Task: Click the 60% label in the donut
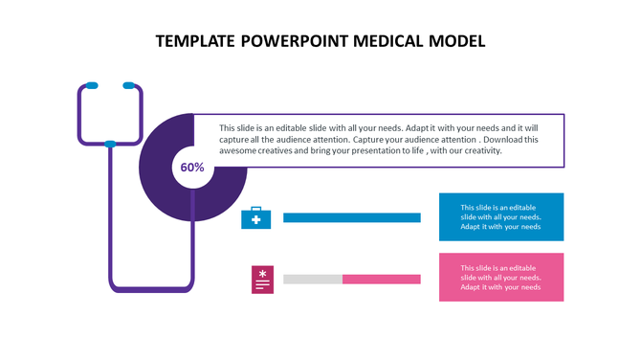(x=192, y=168)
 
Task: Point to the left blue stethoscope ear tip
(x=92, y=86)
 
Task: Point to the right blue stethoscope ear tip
(x=129, y=86)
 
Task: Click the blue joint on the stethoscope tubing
(x=110, y=145)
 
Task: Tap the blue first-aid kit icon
(x=255, y=219)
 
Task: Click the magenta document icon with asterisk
(x=262, y=279)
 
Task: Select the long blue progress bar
(x=351, y=218)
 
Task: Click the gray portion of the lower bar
(x=312, y=280)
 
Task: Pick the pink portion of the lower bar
(x=381, y=280)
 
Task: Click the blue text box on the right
(x=500, y=217)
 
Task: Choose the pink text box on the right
(x=500, y=278)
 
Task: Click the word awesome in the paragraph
(x=240, y=151)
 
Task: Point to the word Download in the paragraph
(x=504, y=140)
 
